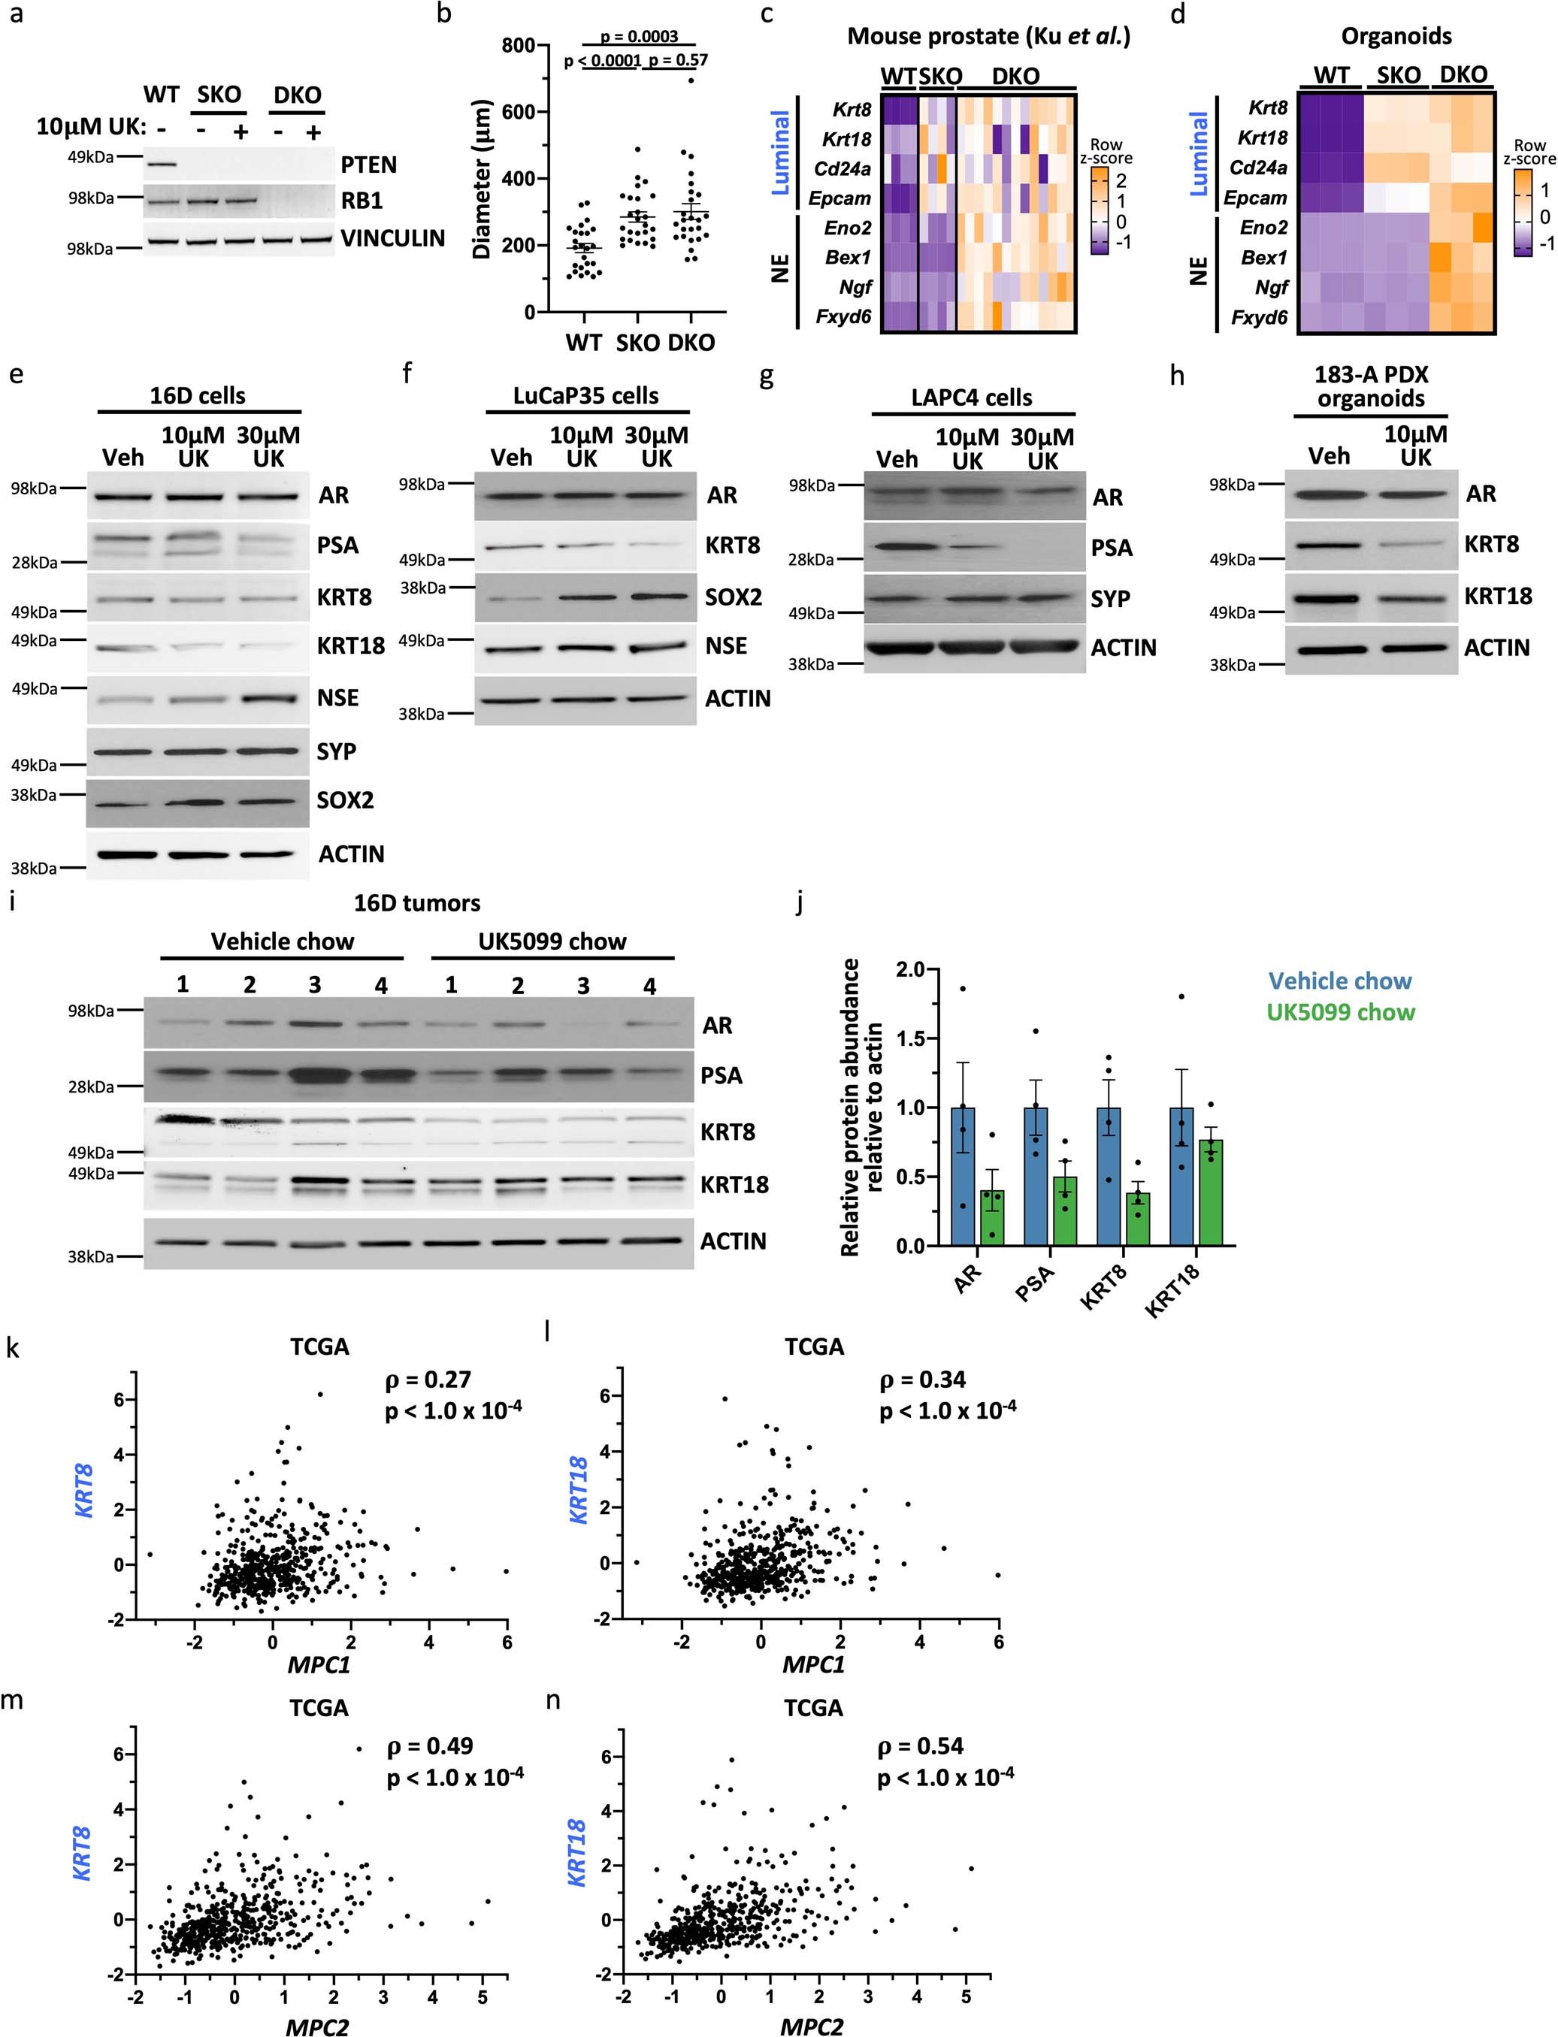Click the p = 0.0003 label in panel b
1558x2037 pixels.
(x=639, y=37)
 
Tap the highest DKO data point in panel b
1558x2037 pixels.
(x=690, y=80)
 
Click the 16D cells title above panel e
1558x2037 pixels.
(x=198, y=396)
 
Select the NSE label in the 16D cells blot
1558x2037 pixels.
(x=337, y=698)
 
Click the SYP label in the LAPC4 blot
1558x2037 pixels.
(x=1110, y=599)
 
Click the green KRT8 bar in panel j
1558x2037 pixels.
(x=1137, y=1218)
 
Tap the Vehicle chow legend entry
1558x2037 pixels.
(x=1339, y=981)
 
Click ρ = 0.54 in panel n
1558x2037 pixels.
(x=920, y=1746)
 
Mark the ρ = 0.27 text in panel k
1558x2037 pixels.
(x=428, y=1380)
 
